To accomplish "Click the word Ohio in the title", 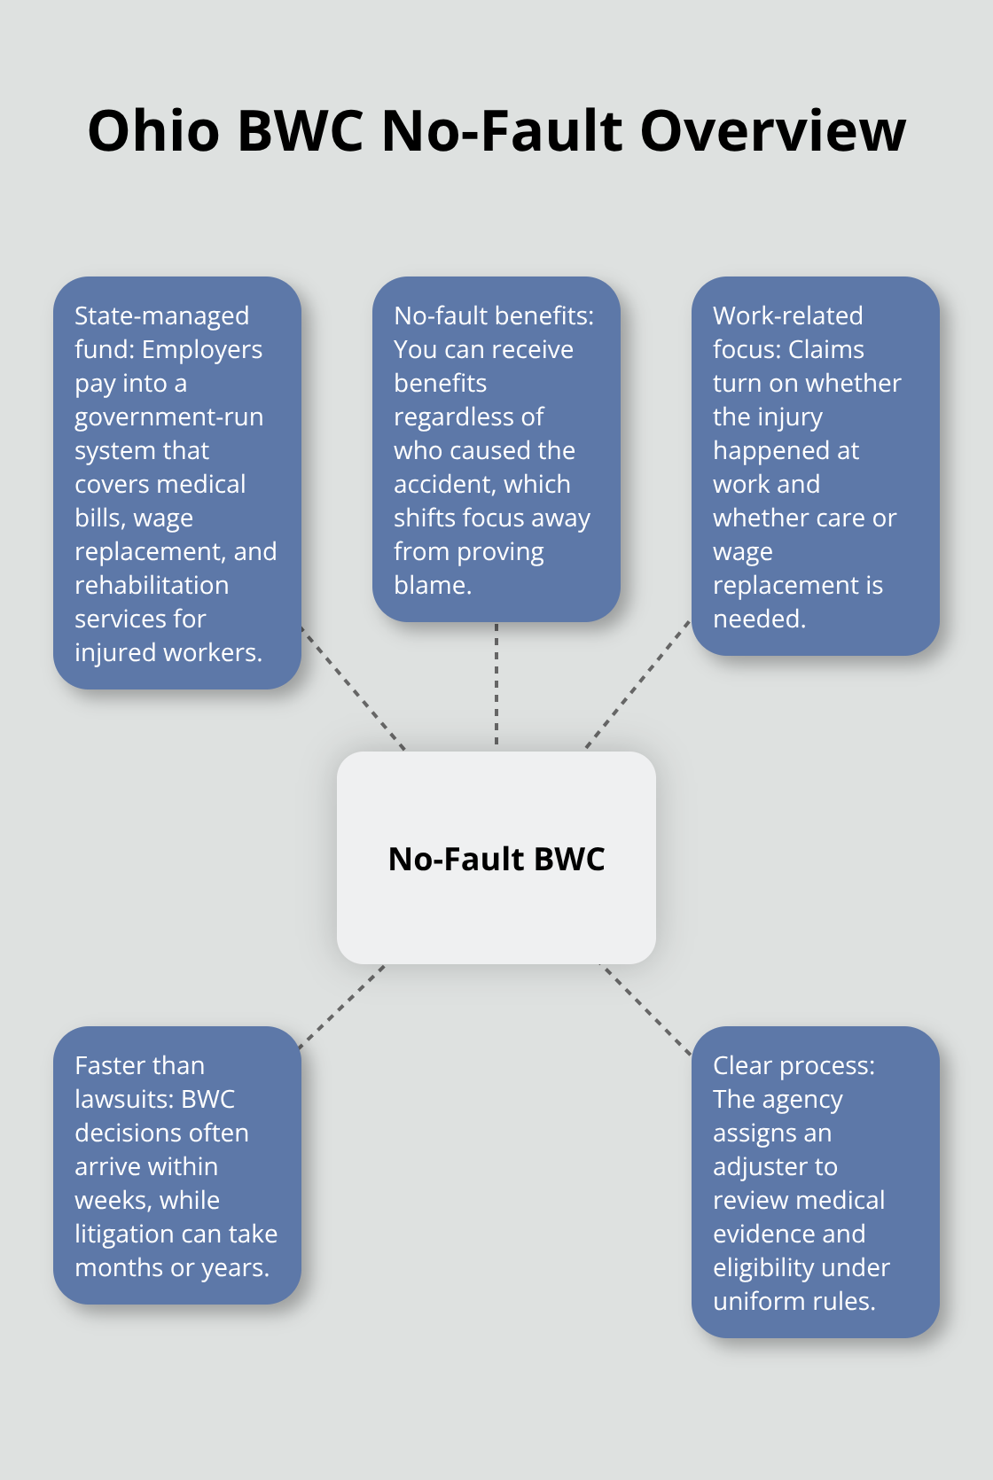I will click(153, 131).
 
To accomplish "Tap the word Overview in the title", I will click(772, 131).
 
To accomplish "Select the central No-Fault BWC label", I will click(496, 859).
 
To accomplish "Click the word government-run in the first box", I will click(168, 417).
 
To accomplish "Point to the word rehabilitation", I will click(152, 585).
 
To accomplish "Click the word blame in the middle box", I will click(431, 585).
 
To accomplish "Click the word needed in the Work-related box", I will click(758, 619).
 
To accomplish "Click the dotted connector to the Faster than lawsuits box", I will click(342, 1006).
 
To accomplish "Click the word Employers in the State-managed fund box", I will click(202, 349).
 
